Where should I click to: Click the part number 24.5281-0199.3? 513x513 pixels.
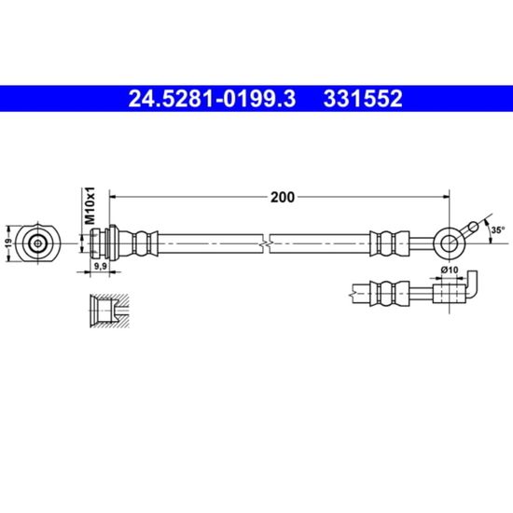[212, 99]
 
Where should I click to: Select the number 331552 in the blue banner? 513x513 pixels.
[363, 99]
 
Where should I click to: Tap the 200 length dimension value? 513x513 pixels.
[283, 197]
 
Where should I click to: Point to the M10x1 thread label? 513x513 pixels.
[90, 205]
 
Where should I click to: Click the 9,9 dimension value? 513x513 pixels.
[101, 266]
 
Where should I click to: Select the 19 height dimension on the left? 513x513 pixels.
[9, 243]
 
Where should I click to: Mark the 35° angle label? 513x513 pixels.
[498, 230]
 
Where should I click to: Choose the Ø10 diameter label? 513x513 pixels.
[450, 270]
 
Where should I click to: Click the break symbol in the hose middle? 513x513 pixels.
[267, 243]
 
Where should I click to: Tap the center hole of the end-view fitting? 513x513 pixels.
[38, 243]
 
